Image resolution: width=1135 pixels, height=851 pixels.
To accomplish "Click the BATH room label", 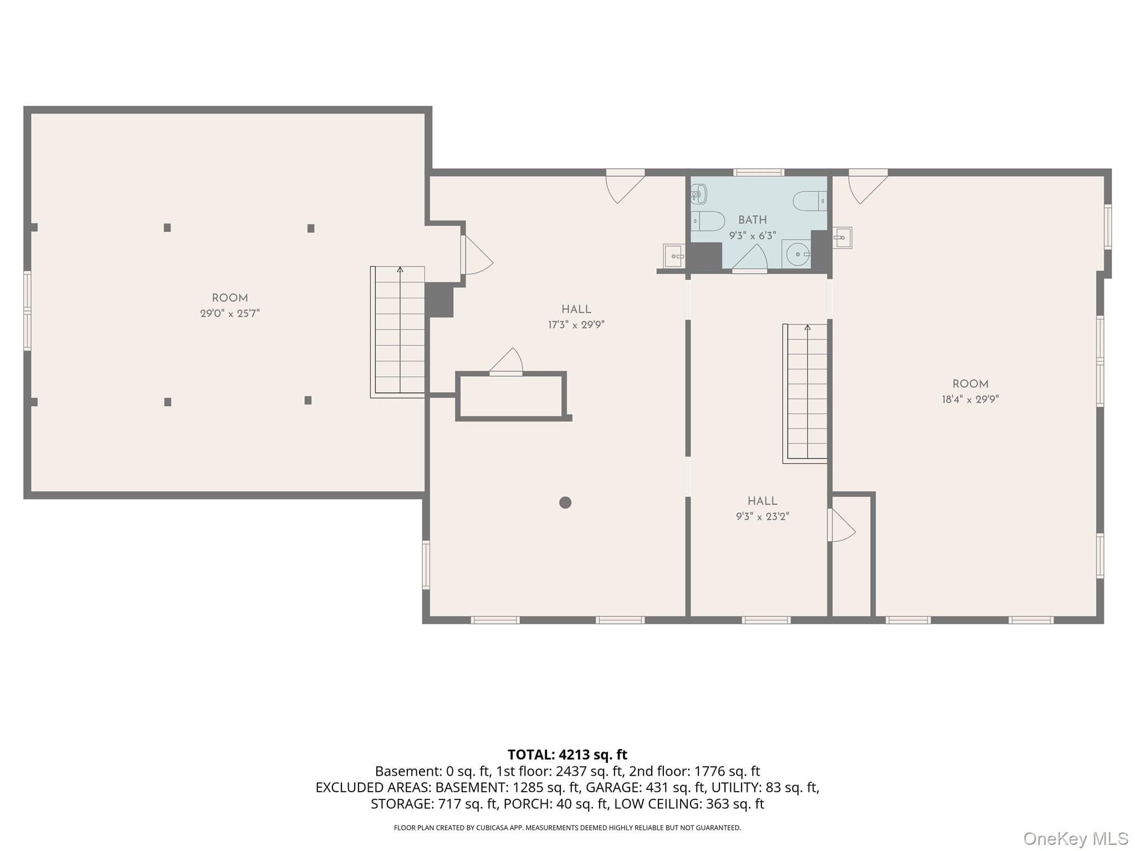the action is tap(752, 220).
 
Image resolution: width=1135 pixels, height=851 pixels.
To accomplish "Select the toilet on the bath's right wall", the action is tap(810, 201).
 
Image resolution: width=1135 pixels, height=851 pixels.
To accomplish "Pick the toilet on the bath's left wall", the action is tap(708, 221).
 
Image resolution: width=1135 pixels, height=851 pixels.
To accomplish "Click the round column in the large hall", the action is tap(565, 503).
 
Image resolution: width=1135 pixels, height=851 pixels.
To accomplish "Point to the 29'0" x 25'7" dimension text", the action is tap(230, 314).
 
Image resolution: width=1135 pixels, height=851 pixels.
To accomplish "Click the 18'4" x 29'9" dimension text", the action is tap(970, 399).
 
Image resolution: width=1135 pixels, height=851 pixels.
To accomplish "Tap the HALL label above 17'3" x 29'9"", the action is tap(576, 310).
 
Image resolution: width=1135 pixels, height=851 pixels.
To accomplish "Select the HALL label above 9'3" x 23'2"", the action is tap(763, 501).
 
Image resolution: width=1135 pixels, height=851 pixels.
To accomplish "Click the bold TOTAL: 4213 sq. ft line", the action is tap(567, 755).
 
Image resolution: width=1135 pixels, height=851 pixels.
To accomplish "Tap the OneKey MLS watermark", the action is tap(1076, 839).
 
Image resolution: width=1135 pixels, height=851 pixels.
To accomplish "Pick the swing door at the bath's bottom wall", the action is tap(749, 259).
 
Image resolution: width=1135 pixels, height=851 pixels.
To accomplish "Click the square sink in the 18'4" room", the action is tap(842, 238).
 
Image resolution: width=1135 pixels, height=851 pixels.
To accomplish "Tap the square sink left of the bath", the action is tap(674, 256).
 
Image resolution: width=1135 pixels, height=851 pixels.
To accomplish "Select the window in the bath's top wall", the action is tap(759, 172).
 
